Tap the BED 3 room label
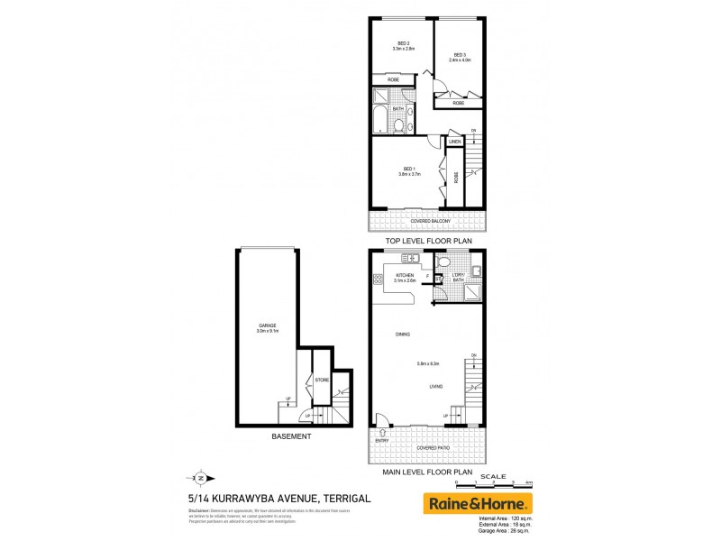(x=460, y=55)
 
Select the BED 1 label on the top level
(x=408, y=170)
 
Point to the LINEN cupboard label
(x=455, y=142)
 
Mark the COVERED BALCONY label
(x=430, y=221)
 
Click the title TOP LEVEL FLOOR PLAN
(x=429, y=242)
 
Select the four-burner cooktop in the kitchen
(x=376, y=280)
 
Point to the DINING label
(x=403, y=335)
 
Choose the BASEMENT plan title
(x=291, y=437)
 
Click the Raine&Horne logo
(x=478, y=503)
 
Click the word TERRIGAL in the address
(x=340, y=497)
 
